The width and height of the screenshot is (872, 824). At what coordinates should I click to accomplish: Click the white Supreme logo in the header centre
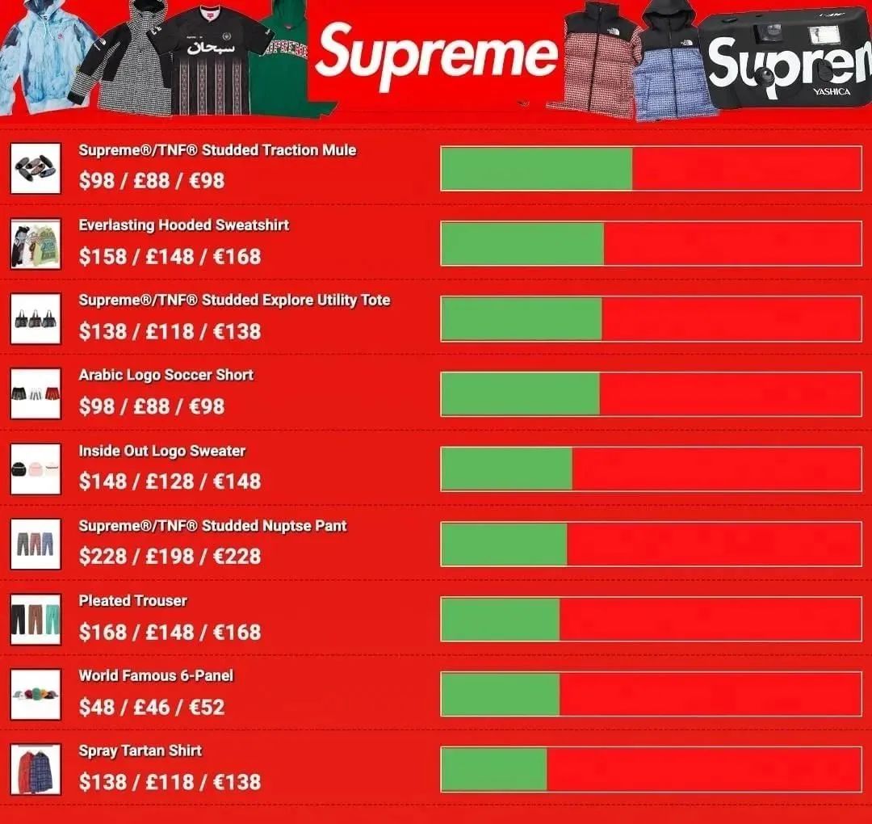436,55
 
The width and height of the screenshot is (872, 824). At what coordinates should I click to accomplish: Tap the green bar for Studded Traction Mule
537,169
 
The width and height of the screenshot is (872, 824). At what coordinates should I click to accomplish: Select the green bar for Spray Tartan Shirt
494,769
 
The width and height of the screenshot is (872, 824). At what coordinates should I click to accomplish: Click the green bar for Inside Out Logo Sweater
507,469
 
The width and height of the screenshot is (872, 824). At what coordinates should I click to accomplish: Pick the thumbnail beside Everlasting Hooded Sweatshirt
36,243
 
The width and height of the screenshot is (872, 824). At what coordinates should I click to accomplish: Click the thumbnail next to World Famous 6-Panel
36,694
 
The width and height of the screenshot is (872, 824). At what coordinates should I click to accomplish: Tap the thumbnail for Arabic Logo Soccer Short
36,393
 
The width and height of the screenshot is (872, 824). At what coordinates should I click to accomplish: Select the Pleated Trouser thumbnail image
36,620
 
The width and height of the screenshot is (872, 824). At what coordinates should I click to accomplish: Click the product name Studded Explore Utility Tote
234,301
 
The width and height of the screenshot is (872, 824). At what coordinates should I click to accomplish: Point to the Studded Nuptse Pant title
212,526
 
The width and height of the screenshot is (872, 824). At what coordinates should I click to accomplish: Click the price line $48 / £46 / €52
152,708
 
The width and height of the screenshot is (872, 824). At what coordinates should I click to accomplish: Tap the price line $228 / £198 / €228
170,557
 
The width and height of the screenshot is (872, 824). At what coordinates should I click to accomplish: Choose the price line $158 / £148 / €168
170,257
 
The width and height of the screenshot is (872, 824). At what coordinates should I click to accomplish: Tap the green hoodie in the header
283,61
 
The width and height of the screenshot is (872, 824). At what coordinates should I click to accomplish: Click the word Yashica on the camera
832,92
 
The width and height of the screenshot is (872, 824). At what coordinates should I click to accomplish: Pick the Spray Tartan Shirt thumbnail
36,769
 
